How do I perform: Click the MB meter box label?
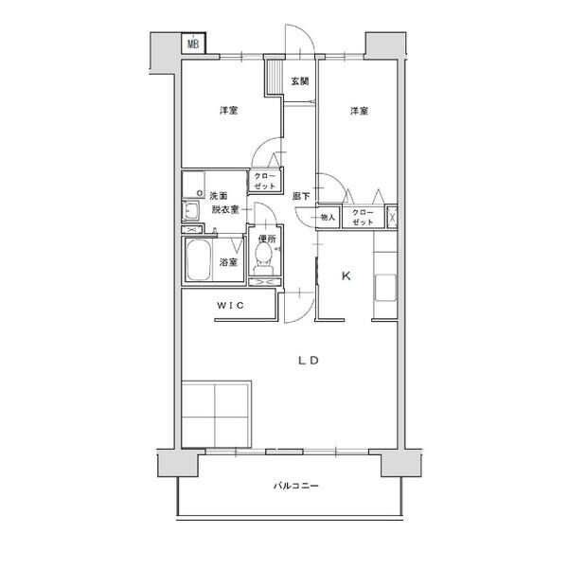pos(193,44)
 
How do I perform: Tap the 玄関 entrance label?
pos(300,81)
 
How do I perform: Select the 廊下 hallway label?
pos(301,196)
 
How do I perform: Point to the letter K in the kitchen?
pos(346,276)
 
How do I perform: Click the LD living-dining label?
pos(309,361)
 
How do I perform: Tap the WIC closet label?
pos(230,306)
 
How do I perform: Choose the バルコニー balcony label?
pos(296,486)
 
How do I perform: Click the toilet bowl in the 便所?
pos(263,257)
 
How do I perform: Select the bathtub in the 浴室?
pos(199,259)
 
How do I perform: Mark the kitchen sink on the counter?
pos(385,288)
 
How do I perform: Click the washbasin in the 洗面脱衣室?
pos(190,210)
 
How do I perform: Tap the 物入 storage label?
pos(328,218)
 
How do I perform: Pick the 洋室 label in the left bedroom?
pos(229,111)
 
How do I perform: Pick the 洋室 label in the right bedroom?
pos(360,111)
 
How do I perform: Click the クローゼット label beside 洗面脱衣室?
pos(265,181)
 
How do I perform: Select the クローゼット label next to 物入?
pos(363,217)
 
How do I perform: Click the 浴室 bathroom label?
pos(228,262)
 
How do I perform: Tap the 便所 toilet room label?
pos(267,239)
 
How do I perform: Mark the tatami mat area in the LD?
pos(216,415)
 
